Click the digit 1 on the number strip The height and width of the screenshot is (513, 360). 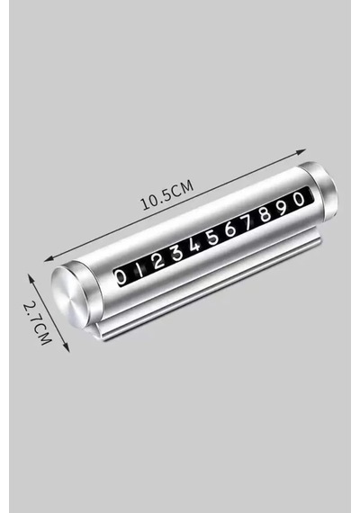[x=140, y=270]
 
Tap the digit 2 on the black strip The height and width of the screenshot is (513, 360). [x=158, y=262]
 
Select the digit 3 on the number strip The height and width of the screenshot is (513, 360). [x=177, y=254]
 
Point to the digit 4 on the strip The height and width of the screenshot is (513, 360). [x=194, y=245]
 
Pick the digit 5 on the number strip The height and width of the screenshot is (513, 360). [x=212, y=237]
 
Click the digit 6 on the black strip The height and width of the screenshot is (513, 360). [x=230, y=229]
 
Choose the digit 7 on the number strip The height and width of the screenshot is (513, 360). [x=247, y=221]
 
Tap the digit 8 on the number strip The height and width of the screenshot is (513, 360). [x=265, y=214]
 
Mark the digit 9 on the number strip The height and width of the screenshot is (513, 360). [x=283, y=206]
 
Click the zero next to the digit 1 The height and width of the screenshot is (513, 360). [x=121, y=277]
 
